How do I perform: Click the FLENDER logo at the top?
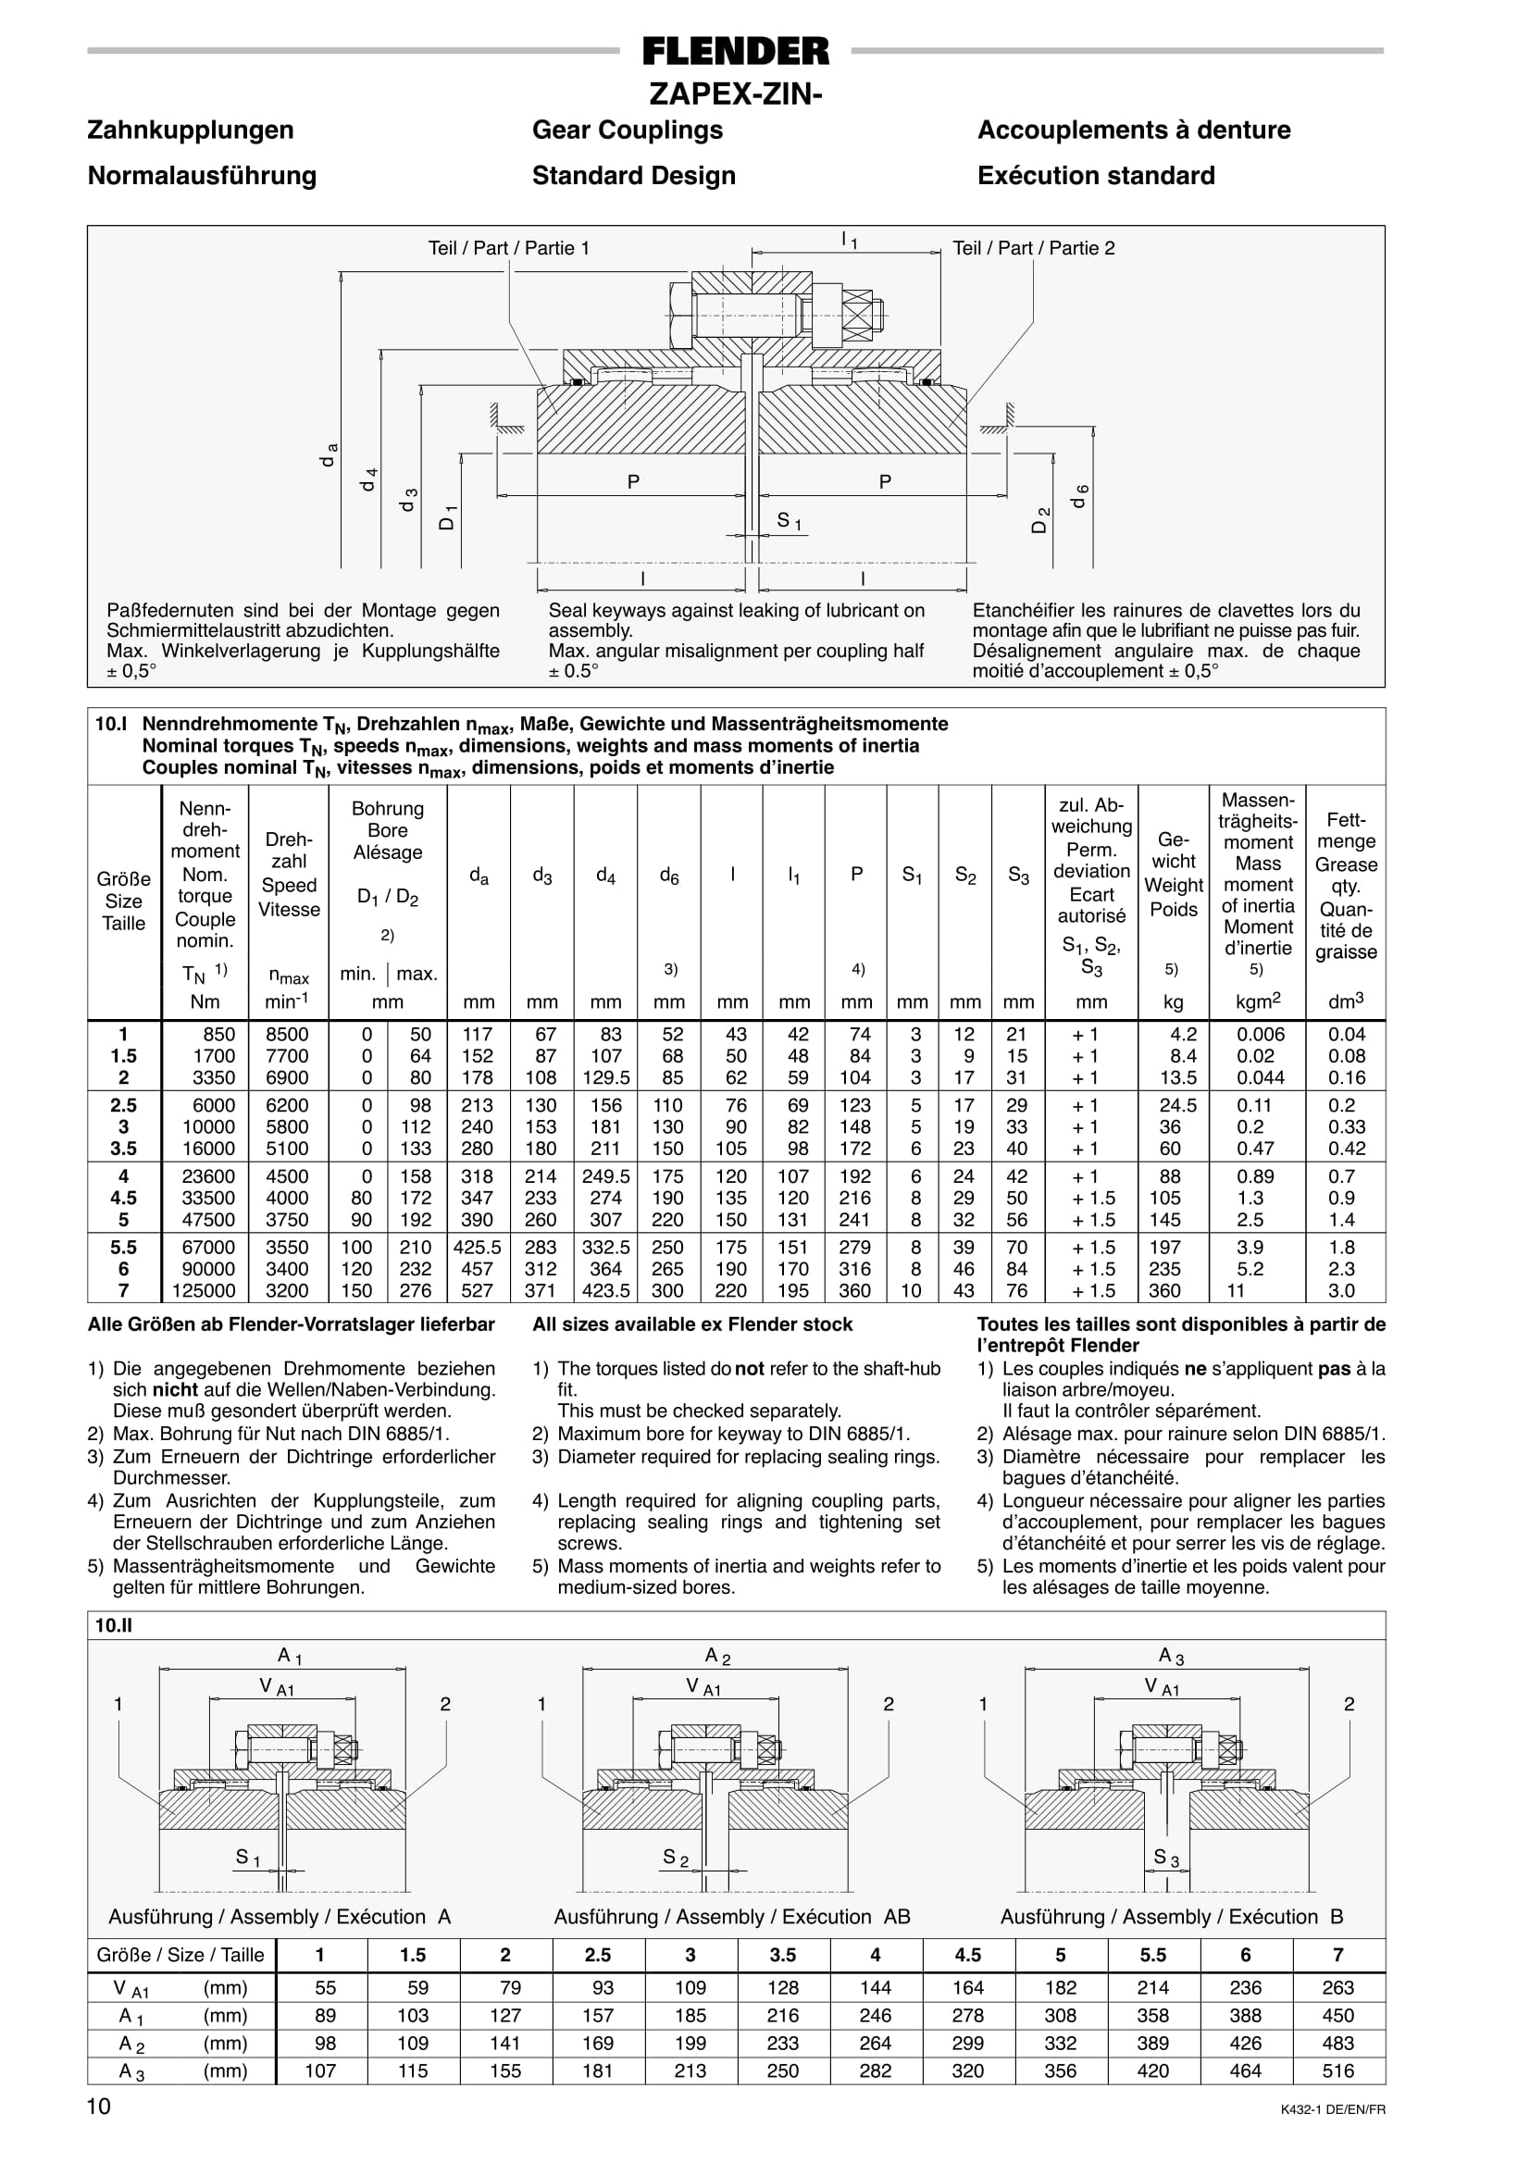tap(735, 51)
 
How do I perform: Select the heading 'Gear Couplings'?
tap(628, 130)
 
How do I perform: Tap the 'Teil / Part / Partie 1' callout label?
tap(509, 249)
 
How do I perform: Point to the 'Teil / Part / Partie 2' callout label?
tap(1034, 249)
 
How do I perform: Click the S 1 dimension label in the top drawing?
tap(789, 520)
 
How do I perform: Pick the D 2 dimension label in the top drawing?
tap(1041, 520)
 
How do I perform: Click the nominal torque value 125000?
tap(205, 1290)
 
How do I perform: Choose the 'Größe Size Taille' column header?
tap(123, 901)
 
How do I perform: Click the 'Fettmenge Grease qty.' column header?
tap(1346, 886)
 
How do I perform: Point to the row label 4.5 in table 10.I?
tap(123, 1199)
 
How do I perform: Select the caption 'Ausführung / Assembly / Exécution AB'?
tap(732, 1916)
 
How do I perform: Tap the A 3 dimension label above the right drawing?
tap(1171, 1656)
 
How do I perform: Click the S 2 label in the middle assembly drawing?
tap(676, 1858)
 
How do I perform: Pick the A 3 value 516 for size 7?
tap(1337, 2070)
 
